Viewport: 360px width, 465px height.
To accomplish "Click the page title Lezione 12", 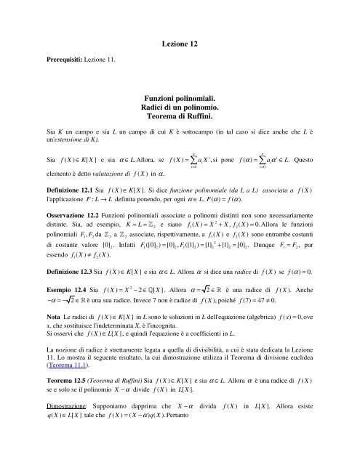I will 179,46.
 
